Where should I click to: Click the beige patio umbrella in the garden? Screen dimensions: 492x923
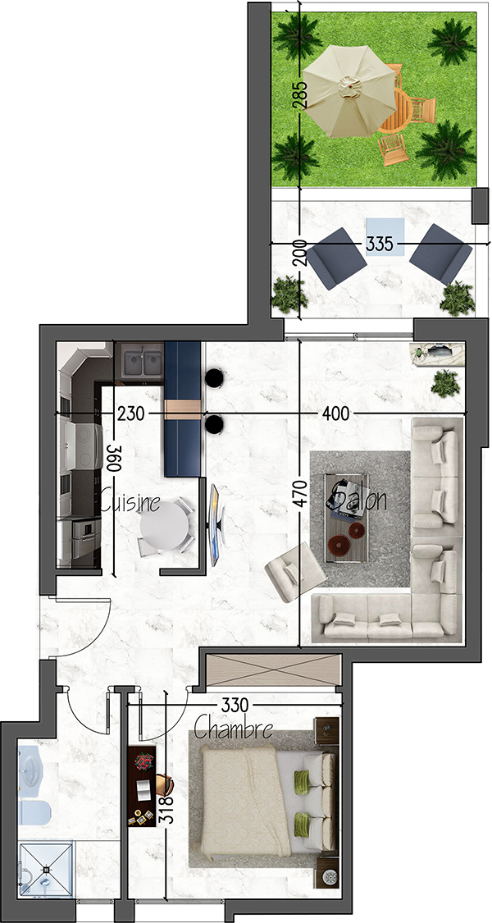[x=350, y=90]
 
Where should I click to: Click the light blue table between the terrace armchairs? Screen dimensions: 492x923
[x=385, y=236]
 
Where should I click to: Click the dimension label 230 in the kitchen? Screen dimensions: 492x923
[x=130, y=414]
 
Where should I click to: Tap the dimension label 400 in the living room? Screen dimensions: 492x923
[x=335, y=414]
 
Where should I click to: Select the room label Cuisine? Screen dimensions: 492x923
[x=130, y=502]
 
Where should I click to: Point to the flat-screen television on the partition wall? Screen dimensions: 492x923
[x=216, y=525]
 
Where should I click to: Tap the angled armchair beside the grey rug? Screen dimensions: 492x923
[x=295, y=572]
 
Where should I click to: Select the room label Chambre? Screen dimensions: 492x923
[x=233, y=729]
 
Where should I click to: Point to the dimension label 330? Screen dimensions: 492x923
[x=235, y=705]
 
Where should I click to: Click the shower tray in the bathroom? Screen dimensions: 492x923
[x=47, y=869]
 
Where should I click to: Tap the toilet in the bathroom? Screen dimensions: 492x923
[x=34, y=812]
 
